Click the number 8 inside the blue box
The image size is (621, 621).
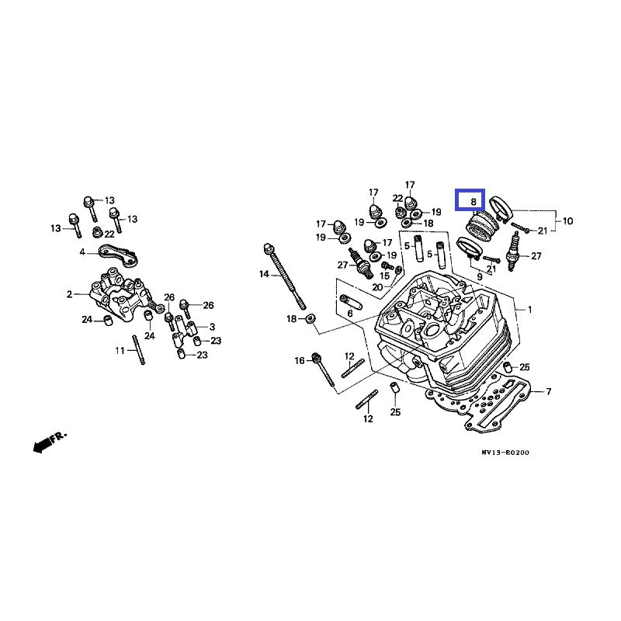(470, 201)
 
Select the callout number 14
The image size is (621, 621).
(264, 274)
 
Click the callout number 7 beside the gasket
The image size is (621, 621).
(548, 390)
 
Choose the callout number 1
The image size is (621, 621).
(530, 310)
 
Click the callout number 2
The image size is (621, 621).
(69, 294)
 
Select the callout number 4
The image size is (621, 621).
(82, 252)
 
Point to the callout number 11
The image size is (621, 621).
(120, 351)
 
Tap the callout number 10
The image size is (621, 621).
(567, 221)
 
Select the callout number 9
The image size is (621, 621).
(480, 276)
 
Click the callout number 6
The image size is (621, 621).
(349, 313)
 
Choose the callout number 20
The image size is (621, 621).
(377, 287)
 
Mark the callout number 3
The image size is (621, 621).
(213, 326)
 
